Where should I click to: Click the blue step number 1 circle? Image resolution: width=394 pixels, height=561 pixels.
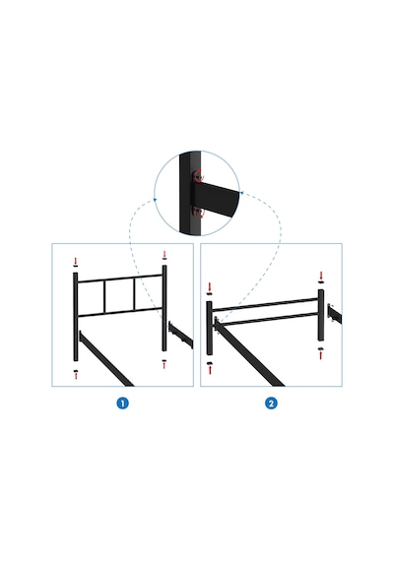[x=122, y=404]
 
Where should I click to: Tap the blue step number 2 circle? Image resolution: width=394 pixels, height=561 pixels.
[x=271, y=404]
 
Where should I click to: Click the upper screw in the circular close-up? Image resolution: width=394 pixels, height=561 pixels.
[x=197, y=176]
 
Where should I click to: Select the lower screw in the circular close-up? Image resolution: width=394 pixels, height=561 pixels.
[x=197, y=212]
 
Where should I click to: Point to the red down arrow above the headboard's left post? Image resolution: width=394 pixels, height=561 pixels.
[x=75, y=260]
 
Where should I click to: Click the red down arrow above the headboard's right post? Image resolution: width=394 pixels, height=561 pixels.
[x=164, y=254]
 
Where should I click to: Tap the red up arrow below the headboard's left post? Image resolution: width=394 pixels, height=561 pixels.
[x=76, y=376]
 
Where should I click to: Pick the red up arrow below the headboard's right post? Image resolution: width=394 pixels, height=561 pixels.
[x=164, y=365]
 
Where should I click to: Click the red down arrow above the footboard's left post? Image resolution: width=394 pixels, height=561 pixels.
[x=210, y=286]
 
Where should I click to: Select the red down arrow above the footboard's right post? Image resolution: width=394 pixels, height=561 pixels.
[x=321, y=276]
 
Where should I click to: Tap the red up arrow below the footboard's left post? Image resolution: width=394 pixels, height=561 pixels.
[x=210, y=370]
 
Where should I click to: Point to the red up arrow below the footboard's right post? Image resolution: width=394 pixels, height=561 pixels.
[x=320, y=355]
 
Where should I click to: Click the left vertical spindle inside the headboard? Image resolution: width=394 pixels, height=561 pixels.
[x=105, y=296]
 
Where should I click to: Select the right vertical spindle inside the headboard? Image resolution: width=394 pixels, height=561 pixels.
[x=135, y=293]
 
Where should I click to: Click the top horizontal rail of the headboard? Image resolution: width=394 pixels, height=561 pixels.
[x=120, y=279]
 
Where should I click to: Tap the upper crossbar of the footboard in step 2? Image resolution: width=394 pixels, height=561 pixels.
[x=265, y=304]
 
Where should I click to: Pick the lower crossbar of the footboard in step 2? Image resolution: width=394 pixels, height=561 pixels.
[x=268, y=319]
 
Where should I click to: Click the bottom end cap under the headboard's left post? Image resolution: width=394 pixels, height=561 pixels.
[x=76, y=371]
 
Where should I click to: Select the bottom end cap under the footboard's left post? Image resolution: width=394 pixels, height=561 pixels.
[x=210, y=364]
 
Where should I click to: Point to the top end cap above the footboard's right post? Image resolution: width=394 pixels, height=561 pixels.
[x=320, y=281]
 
